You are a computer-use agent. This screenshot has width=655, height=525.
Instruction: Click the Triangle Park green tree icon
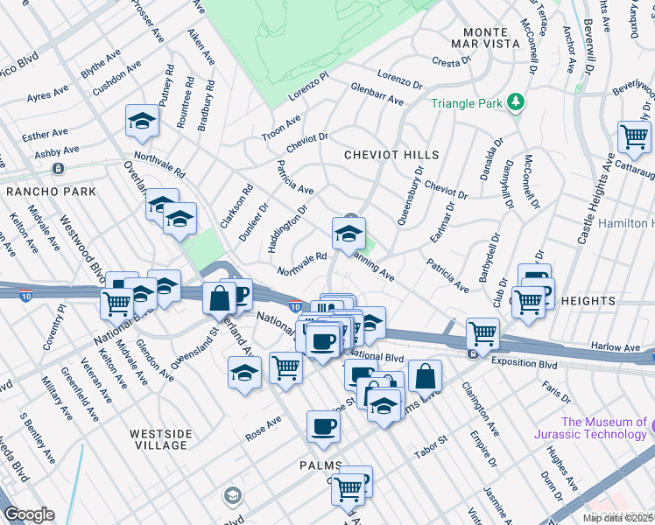coord(516,102)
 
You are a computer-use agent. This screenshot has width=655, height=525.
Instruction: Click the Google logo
coord(29,514)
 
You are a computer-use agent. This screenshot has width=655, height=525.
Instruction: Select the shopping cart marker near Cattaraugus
coord(634,136)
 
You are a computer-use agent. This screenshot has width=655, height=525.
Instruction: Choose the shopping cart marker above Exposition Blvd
coord(482,332)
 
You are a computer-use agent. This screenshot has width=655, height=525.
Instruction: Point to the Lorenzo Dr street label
coord(401,80)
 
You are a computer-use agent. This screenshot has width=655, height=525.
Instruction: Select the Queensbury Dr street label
coord(410,195)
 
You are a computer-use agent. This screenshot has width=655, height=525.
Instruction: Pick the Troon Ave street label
coord(282,127)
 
